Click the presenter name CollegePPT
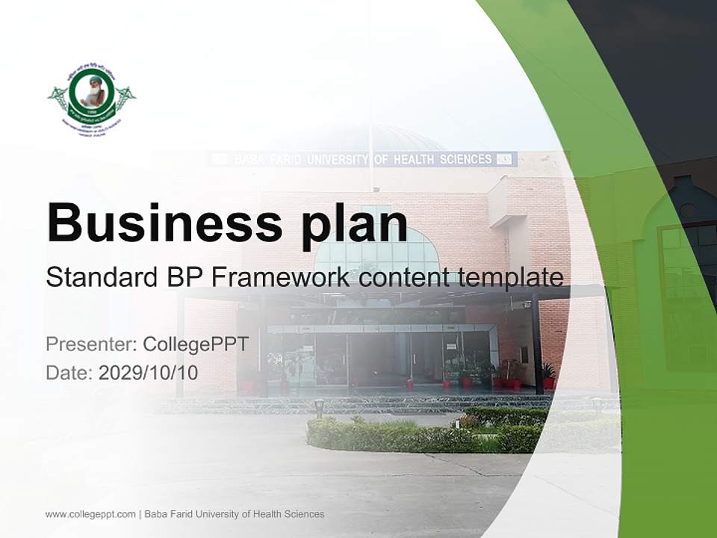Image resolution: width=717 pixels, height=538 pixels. click(196, 344)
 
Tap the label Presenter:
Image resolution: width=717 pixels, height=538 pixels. click(90, 344)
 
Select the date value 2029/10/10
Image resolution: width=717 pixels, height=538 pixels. click(149, 372)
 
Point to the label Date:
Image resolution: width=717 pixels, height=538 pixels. click(69, 372)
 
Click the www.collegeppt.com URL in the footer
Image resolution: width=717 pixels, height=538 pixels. click(90, 514)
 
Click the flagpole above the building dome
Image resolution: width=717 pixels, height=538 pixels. click(370, 90)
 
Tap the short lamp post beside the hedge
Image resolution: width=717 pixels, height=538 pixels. click(319, 407)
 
